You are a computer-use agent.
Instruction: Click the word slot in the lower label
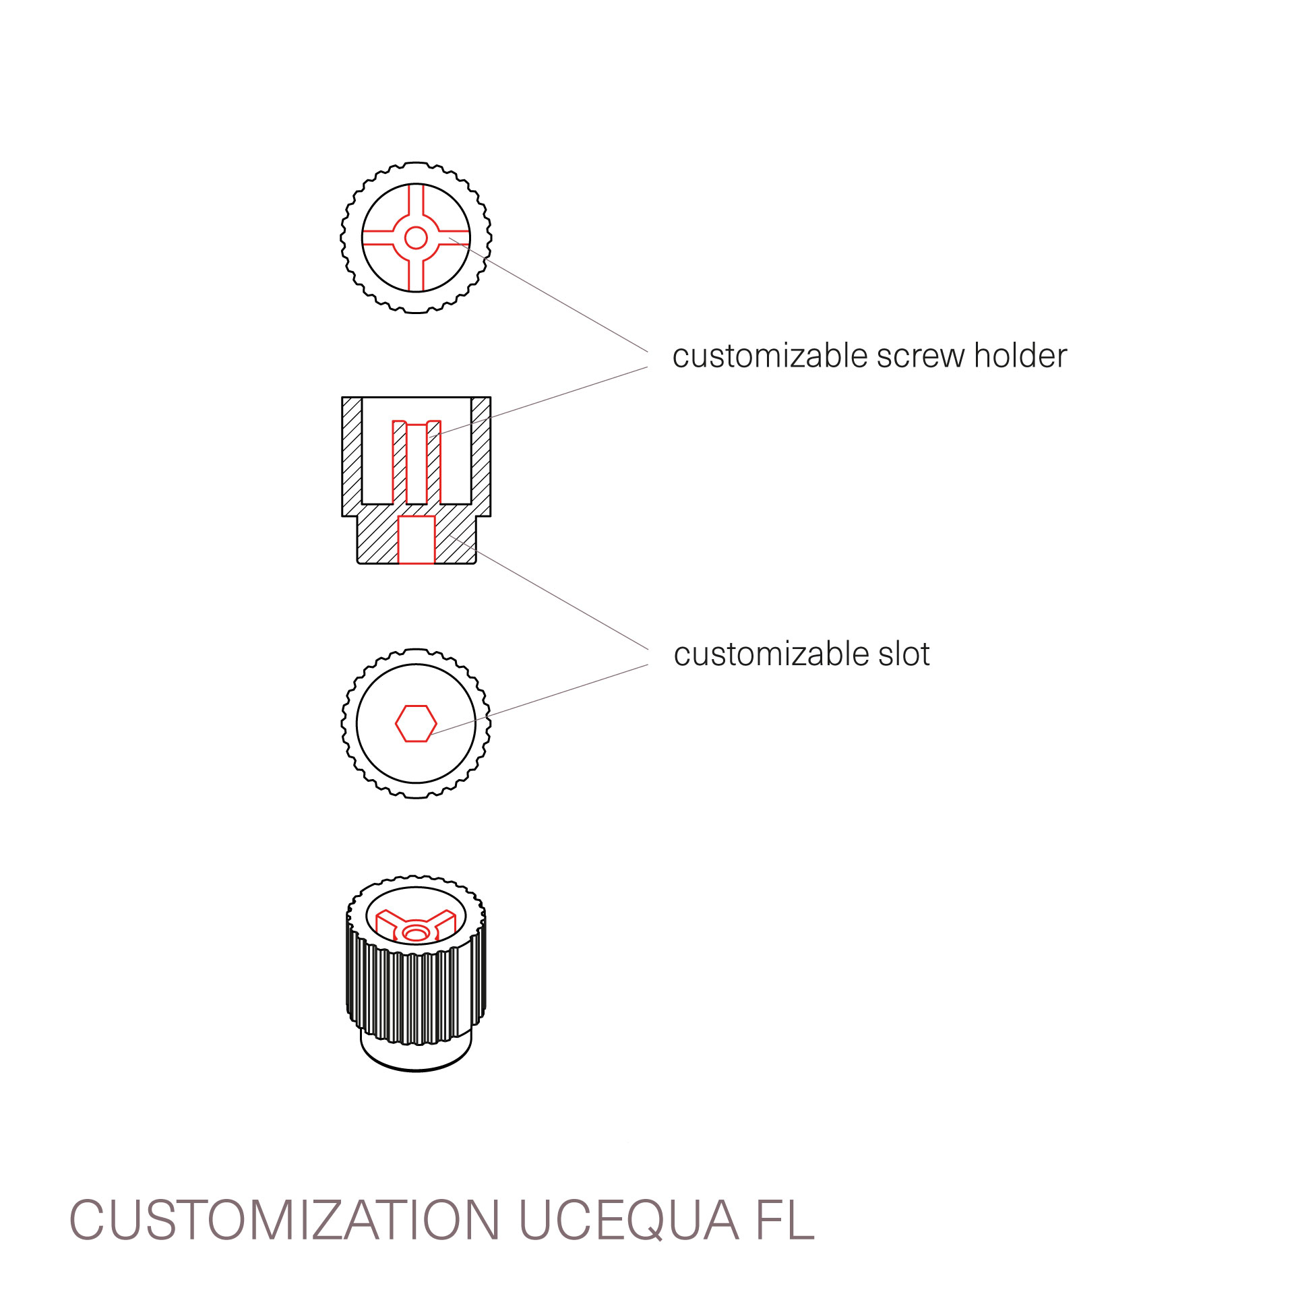pos(904,654)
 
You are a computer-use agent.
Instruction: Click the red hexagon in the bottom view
pos(416,724)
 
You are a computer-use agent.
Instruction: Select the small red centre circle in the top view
pos(416,238)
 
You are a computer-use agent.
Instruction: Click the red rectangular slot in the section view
pos(417,540)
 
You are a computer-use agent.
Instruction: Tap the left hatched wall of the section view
pos(352,456)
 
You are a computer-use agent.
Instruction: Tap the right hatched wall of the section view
pos(481,456)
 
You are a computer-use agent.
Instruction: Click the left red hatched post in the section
pos(400,462)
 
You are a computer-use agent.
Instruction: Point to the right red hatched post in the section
pos(434,462)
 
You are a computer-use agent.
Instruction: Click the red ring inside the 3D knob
pos(416,933)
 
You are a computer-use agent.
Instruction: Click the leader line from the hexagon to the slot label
pos(539,700)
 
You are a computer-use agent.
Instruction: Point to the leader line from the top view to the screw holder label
pos(549,295)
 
